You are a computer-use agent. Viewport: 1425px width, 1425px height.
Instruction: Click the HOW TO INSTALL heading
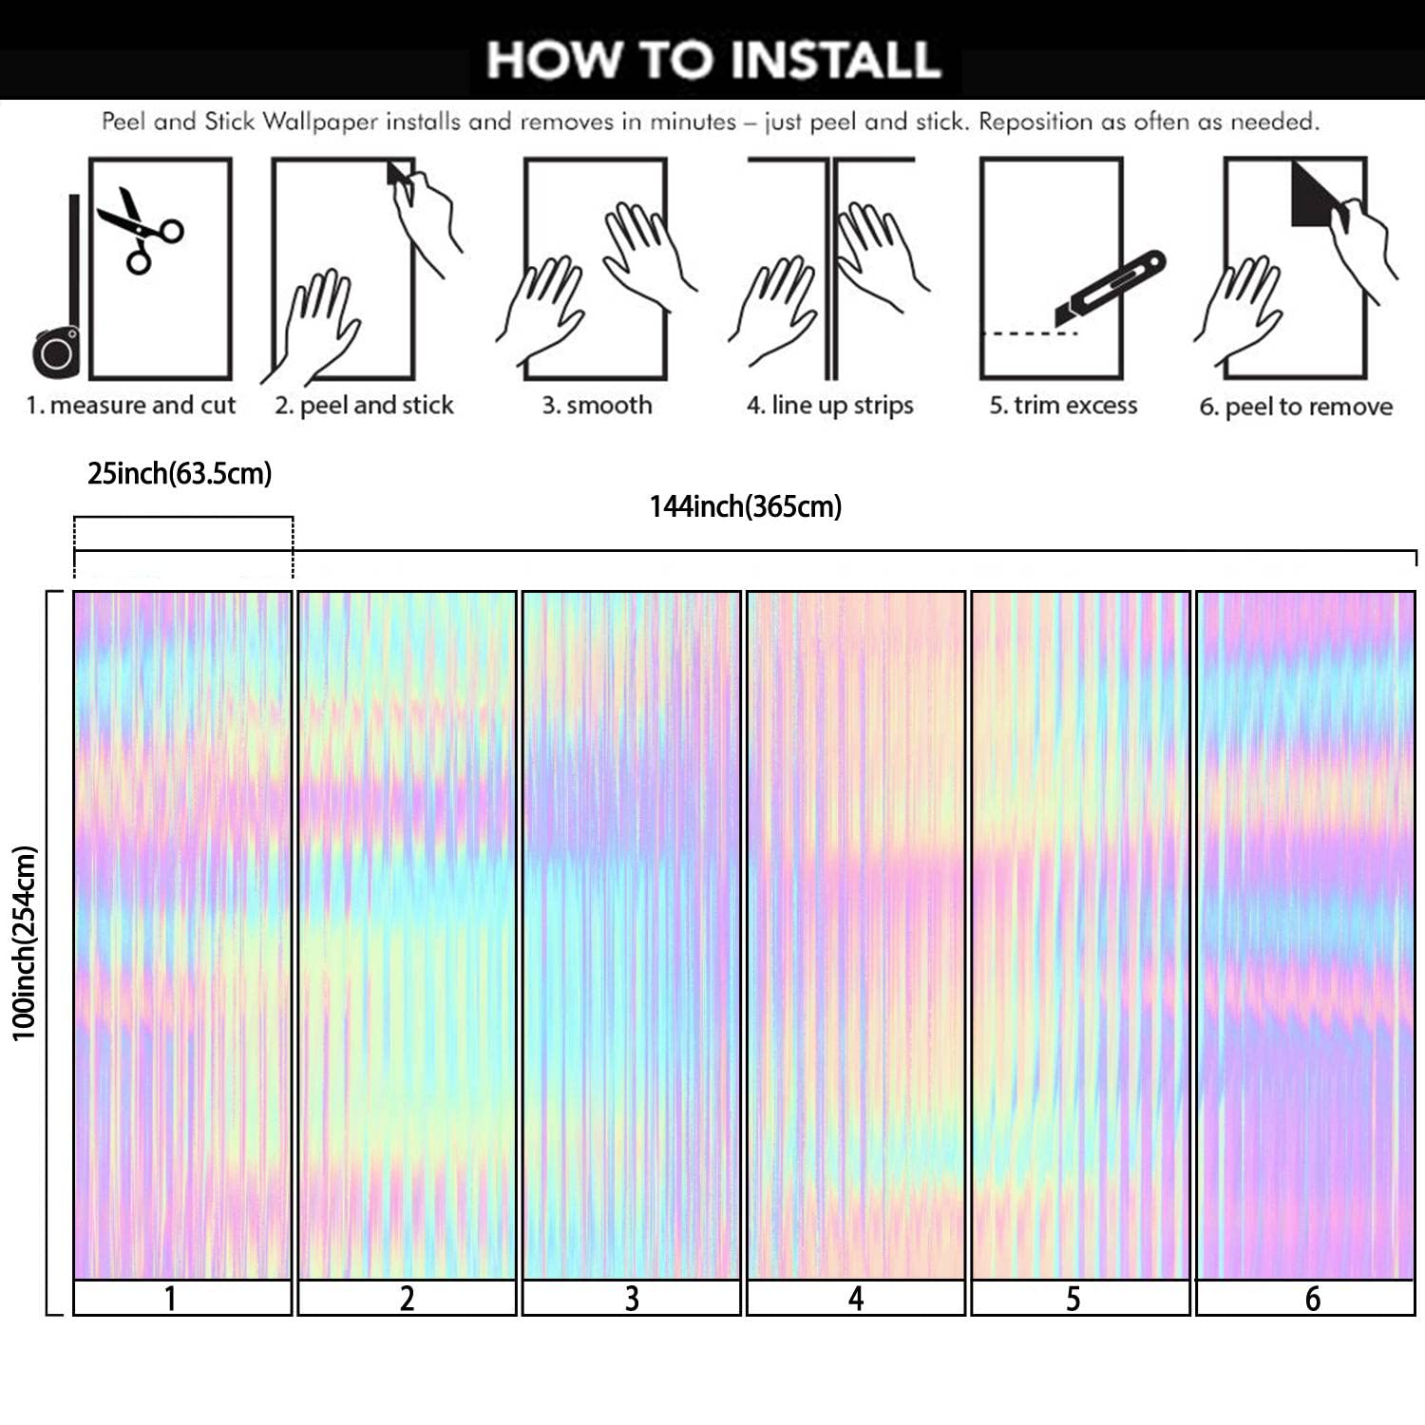pos(712,59)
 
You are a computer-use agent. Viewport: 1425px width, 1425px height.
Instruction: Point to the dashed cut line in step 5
pos(1030,333)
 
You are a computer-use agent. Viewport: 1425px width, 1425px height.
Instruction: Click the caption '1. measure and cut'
pos(131,406)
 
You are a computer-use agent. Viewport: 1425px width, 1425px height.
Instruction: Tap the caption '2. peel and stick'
pos(365,406)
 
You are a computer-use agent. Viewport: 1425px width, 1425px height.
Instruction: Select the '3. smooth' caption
pos(597,406)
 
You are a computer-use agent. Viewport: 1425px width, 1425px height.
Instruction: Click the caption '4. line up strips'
pos(829,406)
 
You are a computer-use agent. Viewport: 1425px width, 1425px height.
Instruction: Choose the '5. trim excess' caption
pos(1063,406)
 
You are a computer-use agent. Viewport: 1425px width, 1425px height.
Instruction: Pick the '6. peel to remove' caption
pos(1296,408)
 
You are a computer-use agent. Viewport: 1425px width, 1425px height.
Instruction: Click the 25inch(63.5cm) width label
pos(180,473)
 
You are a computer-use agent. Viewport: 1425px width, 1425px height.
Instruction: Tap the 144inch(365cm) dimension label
pos(746,506)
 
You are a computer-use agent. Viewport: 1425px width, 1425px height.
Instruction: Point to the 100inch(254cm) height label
pos(24,943)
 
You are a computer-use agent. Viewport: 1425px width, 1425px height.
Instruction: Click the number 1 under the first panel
pos(170,1299)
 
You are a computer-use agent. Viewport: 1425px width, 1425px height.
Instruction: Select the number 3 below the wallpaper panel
pos(632,1299)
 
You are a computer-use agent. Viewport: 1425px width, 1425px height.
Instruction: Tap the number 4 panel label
pos(856,1299)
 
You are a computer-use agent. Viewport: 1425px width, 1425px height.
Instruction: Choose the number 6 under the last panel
pos(1312,1299)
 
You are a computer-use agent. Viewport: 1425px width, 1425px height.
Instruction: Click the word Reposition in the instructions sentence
pos(1036,122)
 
